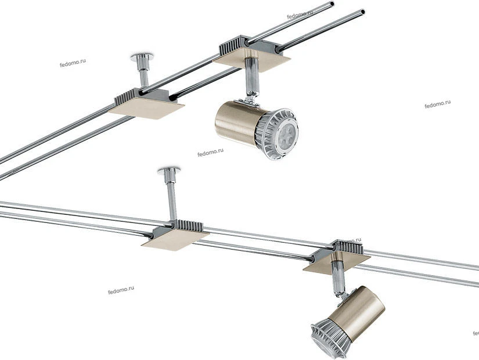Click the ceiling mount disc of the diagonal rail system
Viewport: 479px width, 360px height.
click(x=142, y=56)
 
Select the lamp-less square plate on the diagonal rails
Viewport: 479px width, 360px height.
click(x=146, y=108)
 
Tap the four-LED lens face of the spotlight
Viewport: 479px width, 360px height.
click(x=286, y=134)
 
